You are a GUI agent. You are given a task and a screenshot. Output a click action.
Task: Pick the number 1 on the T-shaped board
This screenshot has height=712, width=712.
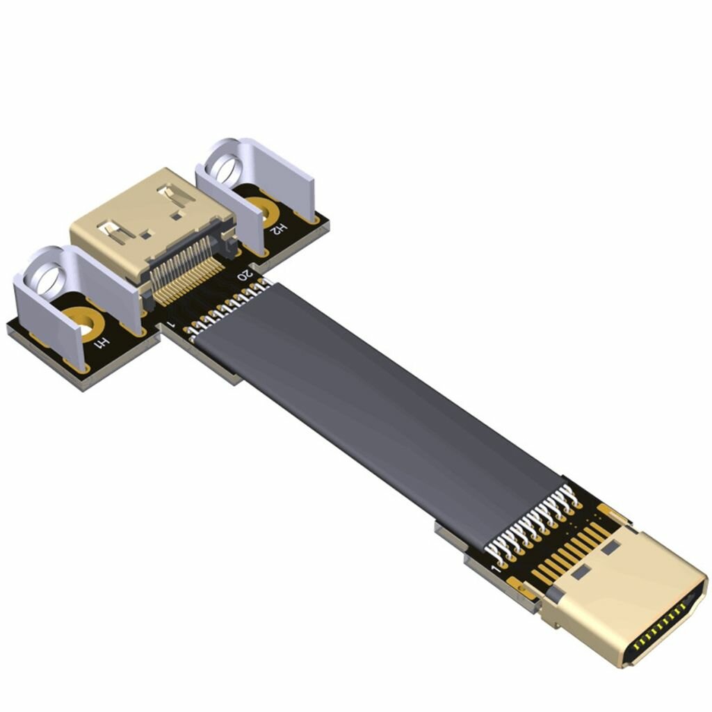(x=171, y=325)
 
